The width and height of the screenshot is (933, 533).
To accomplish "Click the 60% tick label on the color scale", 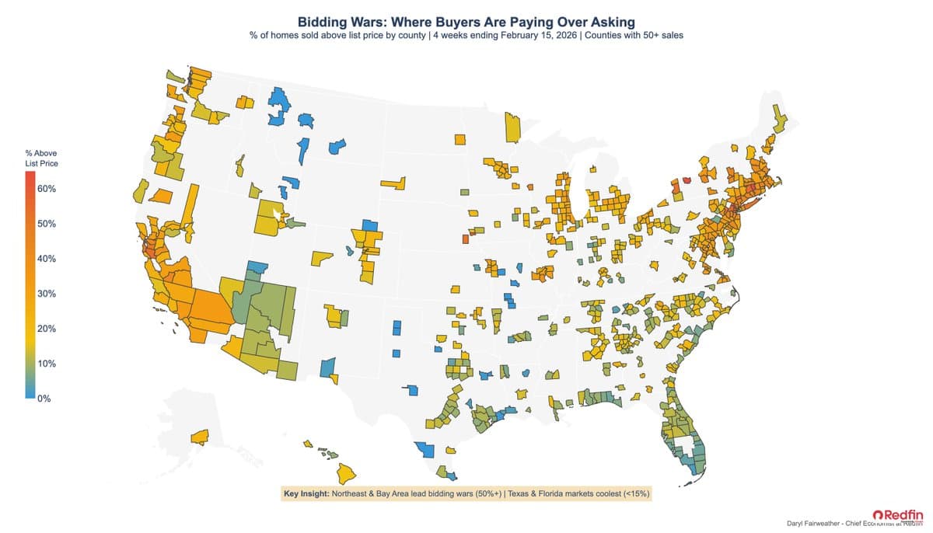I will tap(44, 189).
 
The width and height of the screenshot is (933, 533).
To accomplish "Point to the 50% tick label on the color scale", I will tap(44, 224).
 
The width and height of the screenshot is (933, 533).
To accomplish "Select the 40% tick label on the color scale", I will tap(44, 259).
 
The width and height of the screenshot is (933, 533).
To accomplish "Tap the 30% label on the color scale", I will tap(44, 294).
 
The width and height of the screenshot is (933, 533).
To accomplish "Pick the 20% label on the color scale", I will tap(44, 329).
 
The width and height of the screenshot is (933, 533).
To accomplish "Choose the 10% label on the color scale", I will tap(44, 364).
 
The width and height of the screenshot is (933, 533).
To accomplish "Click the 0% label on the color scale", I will tap(43, 399).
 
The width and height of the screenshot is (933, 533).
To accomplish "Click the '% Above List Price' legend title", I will tap(41, 159).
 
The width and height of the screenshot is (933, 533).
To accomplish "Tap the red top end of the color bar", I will tap(30, 176).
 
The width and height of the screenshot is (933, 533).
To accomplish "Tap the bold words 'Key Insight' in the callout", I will tap(306, 493).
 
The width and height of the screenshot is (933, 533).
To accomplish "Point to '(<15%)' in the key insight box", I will tap(634, 493).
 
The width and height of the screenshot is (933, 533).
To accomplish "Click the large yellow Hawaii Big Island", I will tap(347, 472).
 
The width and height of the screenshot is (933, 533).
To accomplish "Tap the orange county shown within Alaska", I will tap(200, 437).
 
